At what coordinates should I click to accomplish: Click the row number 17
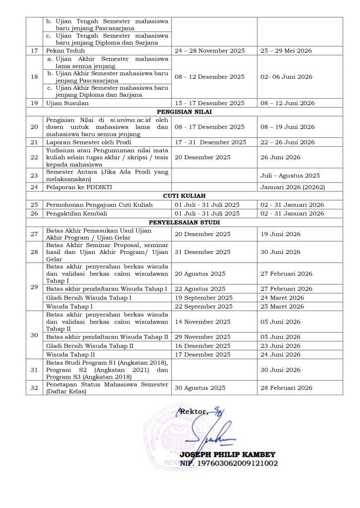coord(34,51)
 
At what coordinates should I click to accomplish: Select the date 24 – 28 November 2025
coord(210,51)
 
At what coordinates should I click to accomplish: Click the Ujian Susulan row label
coord(67,103)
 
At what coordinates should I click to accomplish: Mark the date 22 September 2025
coord(204,307)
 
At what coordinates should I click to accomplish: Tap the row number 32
coord(34,387)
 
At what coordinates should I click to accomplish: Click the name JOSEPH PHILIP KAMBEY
coord(228,454)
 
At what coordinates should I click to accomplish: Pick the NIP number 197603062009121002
coord(238,463)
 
